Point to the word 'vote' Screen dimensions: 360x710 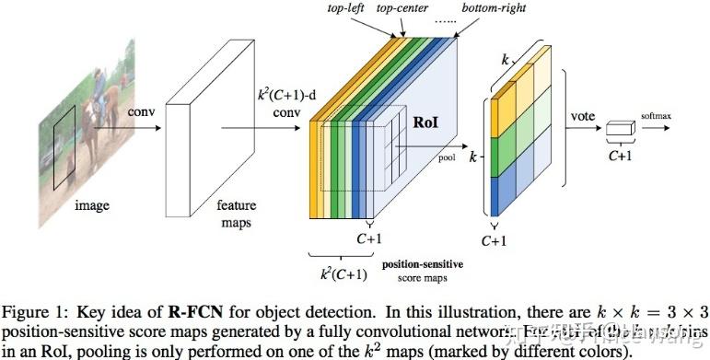click(x=582, y=117)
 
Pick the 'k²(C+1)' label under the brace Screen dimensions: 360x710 click(x=343, y=273)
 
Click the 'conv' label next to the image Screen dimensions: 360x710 click(x=141, y=111)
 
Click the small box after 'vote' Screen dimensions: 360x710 click(x=619, y=134)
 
